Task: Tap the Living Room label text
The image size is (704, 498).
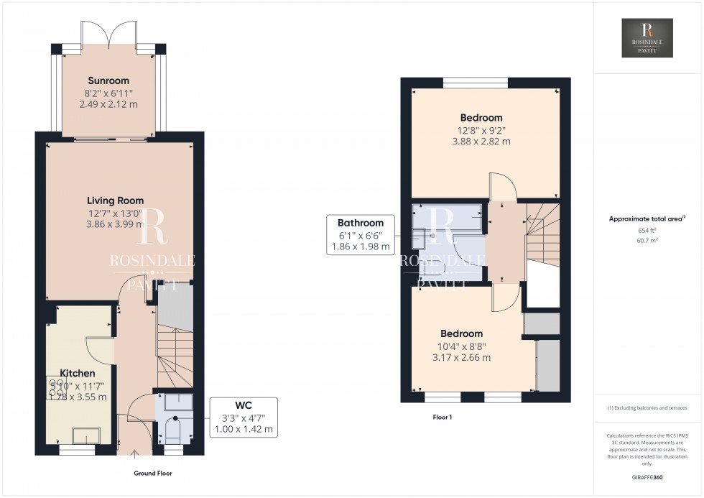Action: pos(116,200)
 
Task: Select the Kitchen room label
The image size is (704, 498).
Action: pos(77,374)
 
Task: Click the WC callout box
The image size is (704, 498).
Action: pos(244,417)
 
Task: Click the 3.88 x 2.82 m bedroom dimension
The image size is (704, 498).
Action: pos(481,142)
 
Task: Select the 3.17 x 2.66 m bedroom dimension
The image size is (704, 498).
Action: pos(461,357)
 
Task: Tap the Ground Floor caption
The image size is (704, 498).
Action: pos(153,474)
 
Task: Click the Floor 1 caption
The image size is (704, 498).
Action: pos(442,417)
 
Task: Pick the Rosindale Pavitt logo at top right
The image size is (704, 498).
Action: pos(648,38)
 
